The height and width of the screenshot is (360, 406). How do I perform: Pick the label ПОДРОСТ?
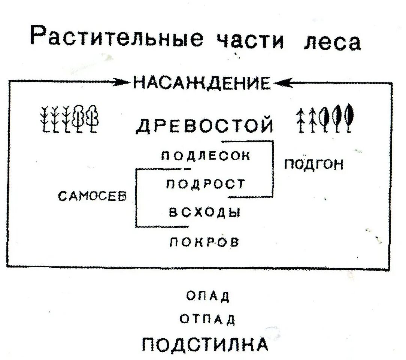click(x=205, y=184)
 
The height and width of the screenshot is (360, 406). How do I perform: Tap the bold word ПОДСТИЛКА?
click(x=206, y=343)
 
